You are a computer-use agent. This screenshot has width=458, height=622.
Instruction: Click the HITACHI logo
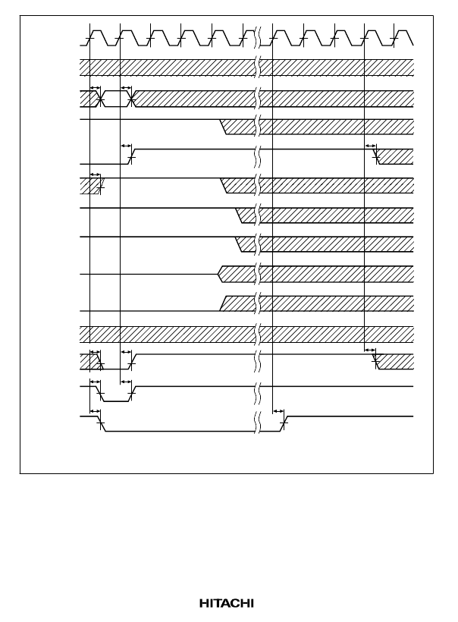pyautogui.click(x=227, y=603)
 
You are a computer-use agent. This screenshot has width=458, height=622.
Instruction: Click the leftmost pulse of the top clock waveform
pyautogui.click(x=97, y=38)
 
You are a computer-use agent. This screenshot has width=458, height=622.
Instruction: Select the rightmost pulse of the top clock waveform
pyautogui.click(x=403, y=38)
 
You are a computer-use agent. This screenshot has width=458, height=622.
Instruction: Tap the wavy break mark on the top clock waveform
pyautogui.click(x=258, y=37)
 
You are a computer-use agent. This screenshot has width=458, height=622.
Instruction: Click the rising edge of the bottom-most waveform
pyautogui.click(x=284, y=424)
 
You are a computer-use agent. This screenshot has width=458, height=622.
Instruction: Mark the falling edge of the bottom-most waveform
pyautogui.click(x=102, y=424)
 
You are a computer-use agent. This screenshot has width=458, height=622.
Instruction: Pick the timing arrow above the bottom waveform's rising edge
pyautogui.click(x=278, y=411)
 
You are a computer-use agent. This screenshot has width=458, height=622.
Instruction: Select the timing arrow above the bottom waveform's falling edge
pyautogui.click(x=96, y=411)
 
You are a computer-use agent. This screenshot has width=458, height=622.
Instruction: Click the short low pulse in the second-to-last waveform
pyautogui.click(x=116, y=401)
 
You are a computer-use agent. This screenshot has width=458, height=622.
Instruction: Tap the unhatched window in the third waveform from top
pyautogui.click(x=116, y=99)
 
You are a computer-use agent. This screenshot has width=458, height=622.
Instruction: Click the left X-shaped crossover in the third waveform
pyautogui.click(x=101, y=99)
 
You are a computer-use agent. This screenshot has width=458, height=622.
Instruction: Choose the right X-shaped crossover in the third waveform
pyautogui.click(x=132, y=99)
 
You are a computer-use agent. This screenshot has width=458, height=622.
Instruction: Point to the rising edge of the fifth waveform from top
pyautogui.click(x=132, y=157)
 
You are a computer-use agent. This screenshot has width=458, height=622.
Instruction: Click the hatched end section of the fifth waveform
pyautogui.click(x=395, y=157)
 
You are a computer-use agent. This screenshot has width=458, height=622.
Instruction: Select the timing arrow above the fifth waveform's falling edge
pyautogui.click(x=370, y=146)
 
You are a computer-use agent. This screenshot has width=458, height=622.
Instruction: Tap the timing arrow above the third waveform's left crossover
pyautogui.click(x=96, y=88)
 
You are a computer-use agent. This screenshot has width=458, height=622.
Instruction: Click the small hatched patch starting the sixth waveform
pyautogui.click(x=91, y=186)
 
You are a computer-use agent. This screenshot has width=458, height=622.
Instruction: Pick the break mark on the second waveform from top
pyautogui.click(x=258, y=68)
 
